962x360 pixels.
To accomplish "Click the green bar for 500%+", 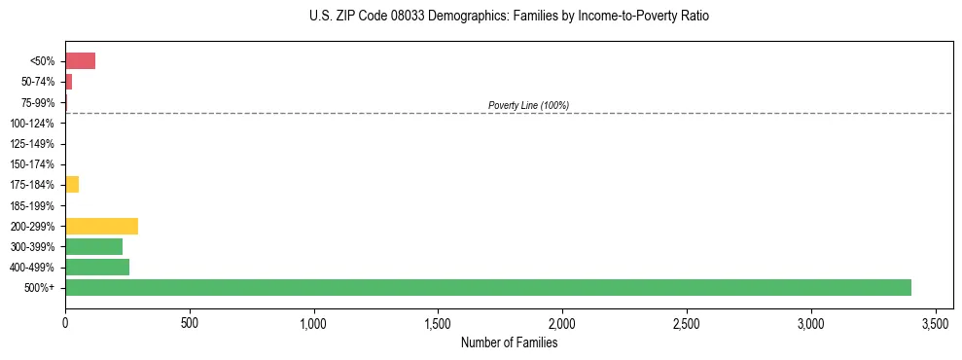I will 487,287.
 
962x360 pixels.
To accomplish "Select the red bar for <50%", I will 80,61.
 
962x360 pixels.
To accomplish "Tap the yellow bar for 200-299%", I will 101,226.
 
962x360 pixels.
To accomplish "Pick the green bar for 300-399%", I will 93,246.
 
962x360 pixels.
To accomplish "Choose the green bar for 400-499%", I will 97,267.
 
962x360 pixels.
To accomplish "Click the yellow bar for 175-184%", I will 72,185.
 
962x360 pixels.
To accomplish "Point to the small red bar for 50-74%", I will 68,82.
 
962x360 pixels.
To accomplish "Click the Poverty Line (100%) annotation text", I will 528,105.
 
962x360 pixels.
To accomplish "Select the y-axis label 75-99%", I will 38,102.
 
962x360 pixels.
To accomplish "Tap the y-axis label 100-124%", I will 35,124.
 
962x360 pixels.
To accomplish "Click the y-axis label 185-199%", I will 35,205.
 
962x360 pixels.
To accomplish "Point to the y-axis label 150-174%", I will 35,164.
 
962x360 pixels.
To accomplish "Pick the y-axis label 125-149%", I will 35,144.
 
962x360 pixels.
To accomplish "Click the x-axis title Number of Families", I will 509,342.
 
